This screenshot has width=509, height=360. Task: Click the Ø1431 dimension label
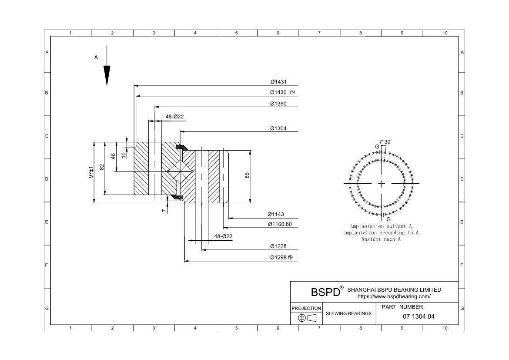click(x=278, y=82)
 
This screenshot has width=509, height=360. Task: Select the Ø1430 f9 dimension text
click(x=282, y=92)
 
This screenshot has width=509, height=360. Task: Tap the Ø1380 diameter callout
click(x=278, y=104)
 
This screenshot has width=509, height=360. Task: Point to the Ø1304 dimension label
click(x=278, y=128)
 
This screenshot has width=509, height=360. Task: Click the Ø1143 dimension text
click(x=275, y=214)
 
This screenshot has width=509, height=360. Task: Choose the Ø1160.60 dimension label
click(x=280, y=224)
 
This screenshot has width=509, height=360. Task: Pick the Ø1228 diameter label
click(x=278, y=246)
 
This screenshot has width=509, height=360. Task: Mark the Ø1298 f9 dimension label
click(x=281, y=257)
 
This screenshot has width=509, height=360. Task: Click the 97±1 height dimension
click(x=91, y=172)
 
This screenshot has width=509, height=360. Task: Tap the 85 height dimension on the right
click(x=247, y=175)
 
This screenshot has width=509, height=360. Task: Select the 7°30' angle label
click(x=385, y=142)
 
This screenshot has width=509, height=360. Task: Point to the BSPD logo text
click(x=325, y=292)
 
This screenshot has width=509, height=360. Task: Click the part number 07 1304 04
click(x=419, y=316)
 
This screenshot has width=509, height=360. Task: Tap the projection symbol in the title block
click(x=306, y=318)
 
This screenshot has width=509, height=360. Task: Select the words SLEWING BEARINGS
click(x=348, y=313)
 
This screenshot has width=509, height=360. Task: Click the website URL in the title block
click(x=394, y=296)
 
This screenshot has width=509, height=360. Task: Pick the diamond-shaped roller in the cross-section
click(x=180, y=172)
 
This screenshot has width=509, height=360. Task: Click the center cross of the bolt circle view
click(x=382, y=184)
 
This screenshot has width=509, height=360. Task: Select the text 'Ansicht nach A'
click(x=381, y=239)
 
